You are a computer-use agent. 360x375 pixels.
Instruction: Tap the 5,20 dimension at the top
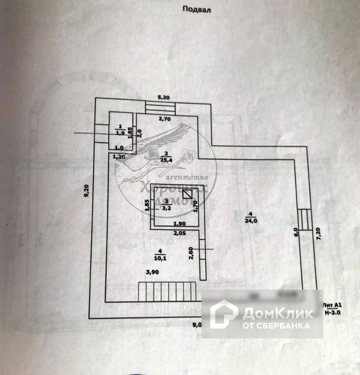click(x=163, y=97)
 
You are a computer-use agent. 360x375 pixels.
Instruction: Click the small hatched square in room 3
click(x=187, y=193)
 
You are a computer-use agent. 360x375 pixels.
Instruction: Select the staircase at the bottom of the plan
click(x=167, y=292)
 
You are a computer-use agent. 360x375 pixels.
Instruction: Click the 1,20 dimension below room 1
click(x=119, y=156)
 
